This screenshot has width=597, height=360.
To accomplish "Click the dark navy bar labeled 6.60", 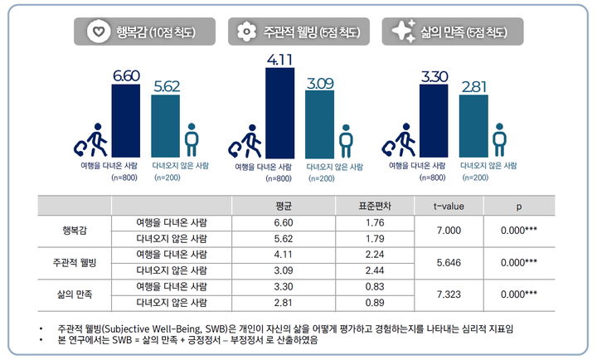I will point(129,121).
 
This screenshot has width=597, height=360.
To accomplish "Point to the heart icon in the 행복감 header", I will point(98,32).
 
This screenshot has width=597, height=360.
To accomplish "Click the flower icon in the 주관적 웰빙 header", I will point(244,32).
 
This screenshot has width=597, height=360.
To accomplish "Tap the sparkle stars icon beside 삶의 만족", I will point(403,32).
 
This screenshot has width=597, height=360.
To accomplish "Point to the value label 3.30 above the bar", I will point(434,78).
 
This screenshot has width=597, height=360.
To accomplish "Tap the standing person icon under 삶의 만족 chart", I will point(499,139).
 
